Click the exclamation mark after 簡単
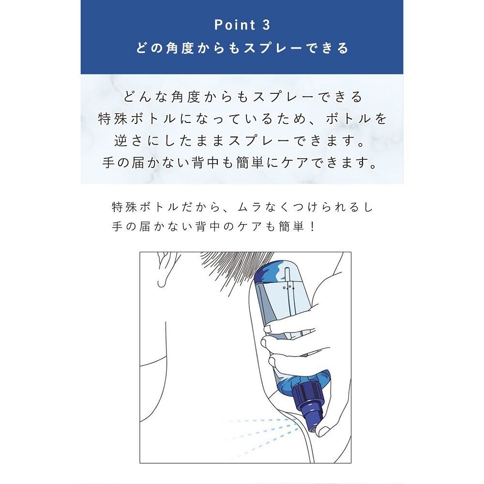(311, 227)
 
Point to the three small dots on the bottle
(289, 287)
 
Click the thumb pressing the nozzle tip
(321, 424)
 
